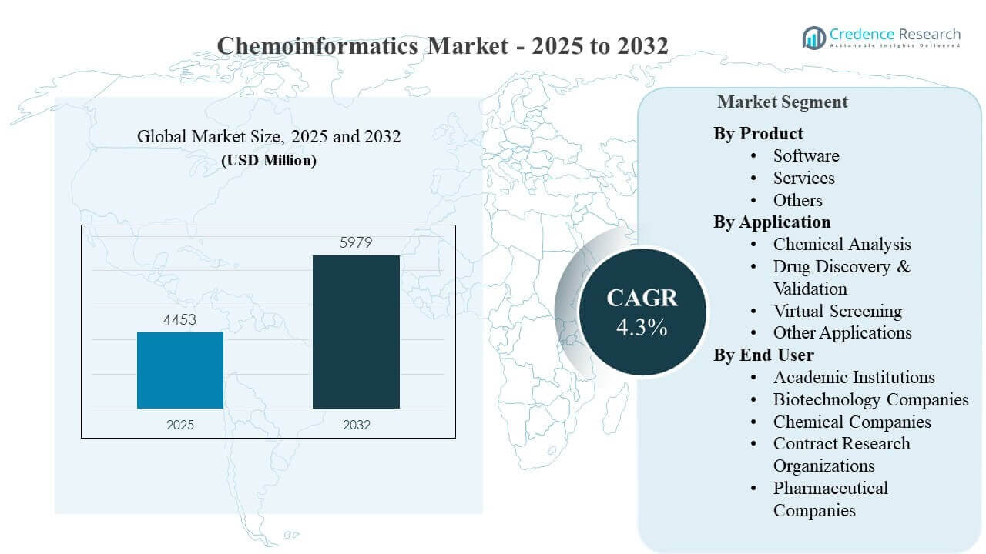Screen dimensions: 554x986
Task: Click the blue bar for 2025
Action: (180, 370)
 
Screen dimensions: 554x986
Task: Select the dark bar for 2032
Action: (356, 332)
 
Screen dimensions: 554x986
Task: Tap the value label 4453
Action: (180, 320)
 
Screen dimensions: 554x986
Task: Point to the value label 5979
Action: (356, 243)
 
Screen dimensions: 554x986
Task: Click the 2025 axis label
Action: (180, 424)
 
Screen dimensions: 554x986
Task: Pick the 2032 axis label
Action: (356, 424)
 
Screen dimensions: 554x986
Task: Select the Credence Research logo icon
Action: (813, 37)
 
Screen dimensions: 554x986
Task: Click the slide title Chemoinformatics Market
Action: (442, 45)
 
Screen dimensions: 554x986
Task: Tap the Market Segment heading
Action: (782, 102)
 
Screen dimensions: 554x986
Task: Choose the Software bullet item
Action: (806, 155)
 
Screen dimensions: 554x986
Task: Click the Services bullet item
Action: (803, 178)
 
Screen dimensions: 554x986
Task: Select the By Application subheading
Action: (772, 222)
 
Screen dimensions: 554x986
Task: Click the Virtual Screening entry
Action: (837, 311)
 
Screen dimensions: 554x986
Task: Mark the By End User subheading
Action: (763, 355)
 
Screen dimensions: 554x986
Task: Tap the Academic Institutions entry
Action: (854, 377)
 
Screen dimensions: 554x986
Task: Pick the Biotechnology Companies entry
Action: (870, 399)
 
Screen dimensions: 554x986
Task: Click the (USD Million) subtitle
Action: (269, 161)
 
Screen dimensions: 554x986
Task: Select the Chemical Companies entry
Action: (852, 422)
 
